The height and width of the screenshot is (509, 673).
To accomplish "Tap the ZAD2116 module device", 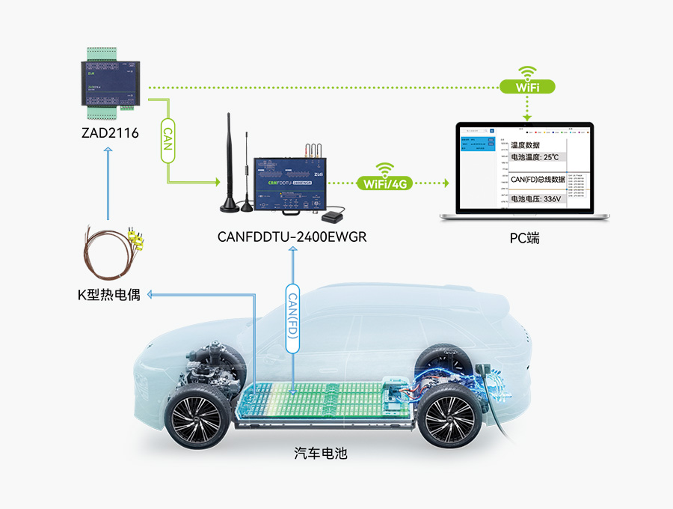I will pyautogui.click(x=110, y=83).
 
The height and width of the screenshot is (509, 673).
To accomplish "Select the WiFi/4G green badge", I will pyautogui.click(x=385, y=183).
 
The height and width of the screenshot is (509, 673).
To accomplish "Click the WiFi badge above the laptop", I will pyautogui.click(x=528, y=87).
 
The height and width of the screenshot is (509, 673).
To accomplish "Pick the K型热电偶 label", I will pyautogui.click(x=109, y=294).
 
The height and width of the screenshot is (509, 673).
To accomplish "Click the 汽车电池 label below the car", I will pyautogui.click(x=321, y=453).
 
